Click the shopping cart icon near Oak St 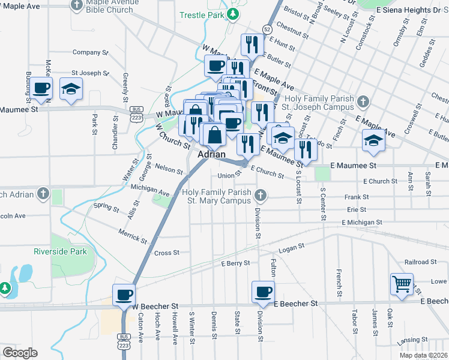(402, 283)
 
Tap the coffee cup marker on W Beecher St (124, 294)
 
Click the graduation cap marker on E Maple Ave (373, 140)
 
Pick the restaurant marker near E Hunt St (252, 44)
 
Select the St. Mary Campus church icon (260, 194)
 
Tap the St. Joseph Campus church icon (363, 101)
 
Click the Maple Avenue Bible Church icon (76, 5)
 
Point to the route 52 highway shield (267, 29)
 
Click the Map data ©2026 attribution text (423, 355)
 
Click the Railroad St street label (421, 262)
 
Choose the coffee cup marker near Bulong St (41, 88)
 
